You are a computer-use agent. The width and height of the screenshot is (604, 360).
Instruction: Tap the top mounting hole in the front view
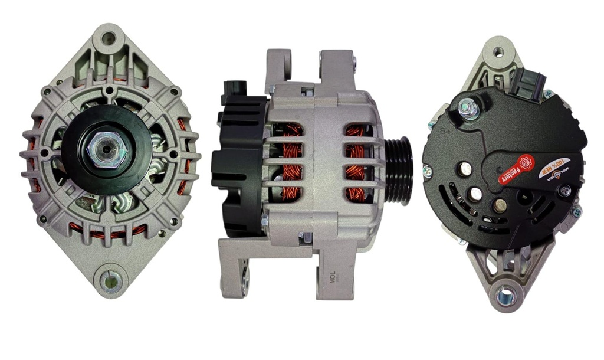point(108,39)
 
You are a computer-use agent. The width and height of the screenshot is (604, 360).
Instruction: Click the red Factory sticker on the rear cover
point(512,170)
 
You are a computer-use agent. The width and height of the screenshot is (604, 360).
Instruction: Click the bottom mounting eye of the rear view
point(505,294)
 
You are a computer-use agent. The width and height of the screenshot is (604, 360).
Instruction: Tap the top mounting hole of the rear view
point(498,52)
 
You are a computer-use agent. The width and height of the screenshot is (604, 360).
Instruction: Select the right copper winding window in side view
point(354,162)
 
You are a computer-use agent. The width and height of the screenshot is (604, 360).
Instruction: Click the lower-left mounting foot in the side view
point(236,271)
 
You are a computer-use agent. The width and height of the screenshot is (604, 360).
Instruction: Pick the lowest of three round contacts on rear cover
point(500,205)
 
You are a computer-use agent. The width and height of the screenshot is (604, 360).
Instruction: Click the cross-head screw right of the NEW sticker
point(565,190)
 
